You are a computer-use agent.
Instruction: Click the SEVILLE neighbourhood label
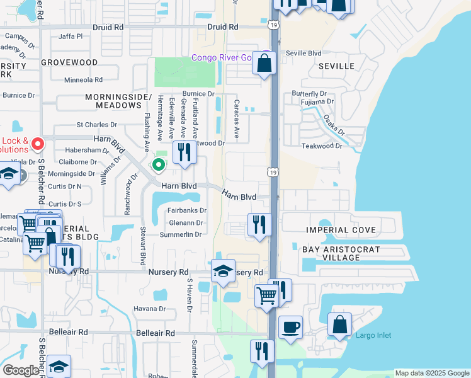pos(336,66)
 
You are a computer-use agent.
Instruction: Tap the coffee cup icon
pos(290,328)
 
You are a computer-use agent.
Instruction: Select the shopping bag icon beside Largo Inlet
pos(339,325)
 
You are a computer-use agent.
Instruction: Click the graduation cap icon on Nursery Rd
pos(223,271)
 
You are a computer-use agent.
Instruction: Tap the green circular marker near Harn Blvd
pos(158,165)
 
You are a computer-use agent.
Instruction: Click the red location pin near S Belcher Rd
pos(37,144)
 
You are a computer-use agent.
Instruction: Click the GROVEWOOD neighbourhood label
pos(69,63)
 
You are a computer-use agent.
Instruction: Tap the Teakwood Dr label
pos(321,146)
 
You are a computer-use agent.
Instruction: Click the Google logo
pos(20,370)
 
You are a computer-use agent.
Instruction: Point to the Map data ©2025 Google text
pos(432,373)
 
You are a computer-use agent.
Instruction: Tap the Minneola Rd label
pos(83,80)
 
